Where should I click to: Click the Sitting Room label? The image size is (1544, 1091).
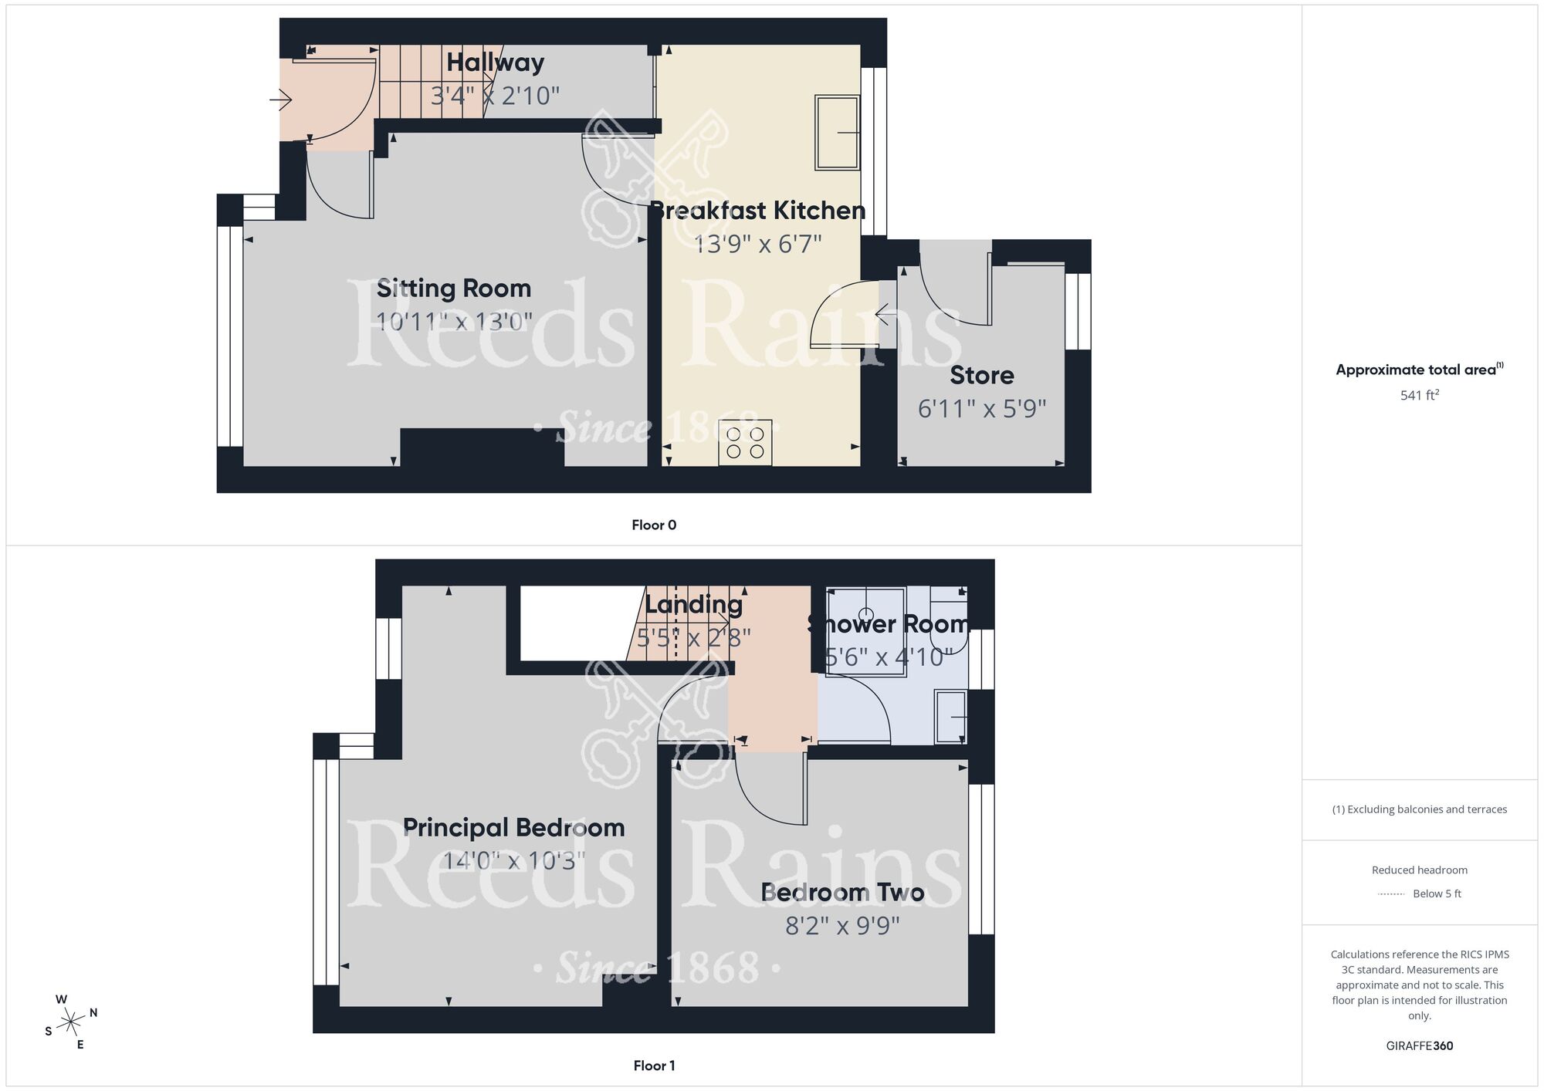[x=454, y=289]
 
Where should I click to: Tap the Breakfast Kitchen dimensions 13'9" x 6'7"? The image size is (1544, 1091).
[x=757, y=244]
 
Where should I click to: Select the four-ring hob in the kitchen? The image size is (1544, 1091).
[x=745, y=442]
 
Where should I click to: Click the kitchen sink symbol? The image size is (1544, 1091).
[x=837, y=133]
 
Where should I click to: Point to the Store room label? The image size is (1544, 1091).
[x=981, y=375]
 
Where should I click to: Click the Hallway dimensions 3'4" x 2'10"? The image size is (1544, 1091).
[x=494, y=96]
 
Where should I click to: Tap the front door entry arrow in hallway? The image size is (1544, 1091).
[x=280, y=100]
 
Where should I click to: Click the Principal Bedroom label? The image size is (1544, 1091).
[x=513, y=828]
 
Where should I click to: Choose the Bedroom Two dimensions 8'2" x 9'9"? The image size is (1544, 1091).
[x=842, y=925]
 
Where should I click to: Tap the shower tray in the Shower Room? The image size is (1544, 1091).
[x=865, y=631]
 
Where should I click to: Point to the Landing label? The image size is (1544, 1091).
[x=693, y=604]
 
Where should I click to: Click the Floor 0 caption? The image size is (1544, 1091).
[x=653, y=525]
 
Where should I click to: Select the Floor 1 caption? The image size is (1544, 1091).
[x=653, y=1066]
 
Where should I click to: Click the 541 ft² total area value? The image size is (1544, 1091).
[x=1419, y=395]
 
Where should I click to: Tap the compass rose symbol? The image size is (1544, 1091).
[x=72, y=1022]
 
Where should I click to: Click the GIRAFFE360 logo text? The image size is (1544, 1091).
[x=1419, y=1046]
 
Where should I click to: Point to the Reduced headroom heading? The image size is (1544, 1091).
[x=1419, y=870]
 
